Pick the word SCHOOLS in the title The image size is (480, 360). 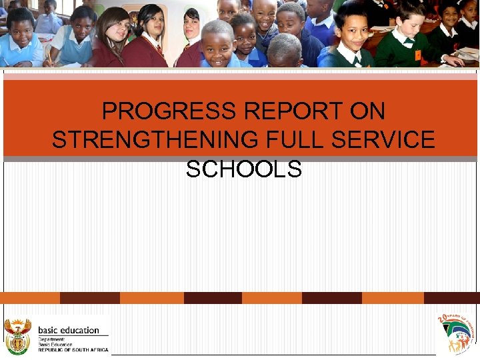click(x=244, y=169)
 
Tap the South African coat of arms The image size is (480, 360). click(x=17, y=336)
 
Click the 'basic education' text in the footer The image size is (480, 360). click(x=68, y=329)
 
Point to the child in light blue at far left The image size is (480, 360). click(x=20, y=40)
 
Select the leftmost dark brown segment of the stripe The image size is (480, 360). click(x=89, y=298)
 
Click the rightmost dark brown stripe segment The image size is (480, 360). click(x=451, y=298)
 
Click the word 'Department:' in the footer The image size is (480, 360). click(x=52, y=339)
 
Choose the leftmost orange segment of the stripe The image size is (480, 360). click(x=30, y=298)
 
